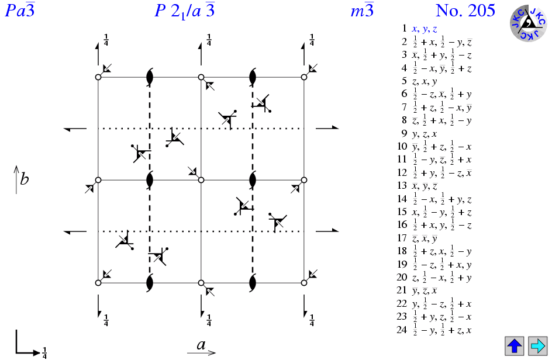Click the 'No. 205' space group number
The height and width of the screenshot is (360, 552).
click(x=465, y=11)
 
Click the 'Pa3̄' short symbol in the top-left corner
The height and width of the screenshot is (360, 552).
click(x=19, y=11)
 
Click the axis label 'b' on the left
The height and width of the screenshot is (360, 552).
click(x=24, y=178)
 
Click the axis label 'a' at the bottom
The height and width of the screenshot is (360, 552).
click(x=201, y=345)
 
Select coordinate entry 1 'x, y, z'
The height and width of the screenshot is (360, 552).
click(x=425, y=28)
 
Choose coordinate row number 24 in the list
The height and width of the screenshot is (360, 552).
click(x=402, y=330)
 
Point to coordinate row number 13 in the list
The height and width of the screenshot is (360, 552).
click(x=402, y=186)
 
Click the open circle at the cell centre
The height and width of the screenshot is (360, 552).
click(x=201, y=180)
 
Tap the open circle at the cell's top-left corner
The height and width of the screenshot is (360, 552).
click(x=98, y=77)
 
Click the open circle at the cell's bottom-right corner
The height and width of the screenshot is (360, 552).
click(x=304, y=283)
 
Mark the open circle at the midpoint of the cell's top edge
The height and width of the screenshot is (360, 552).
click(x=201, y=77)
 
